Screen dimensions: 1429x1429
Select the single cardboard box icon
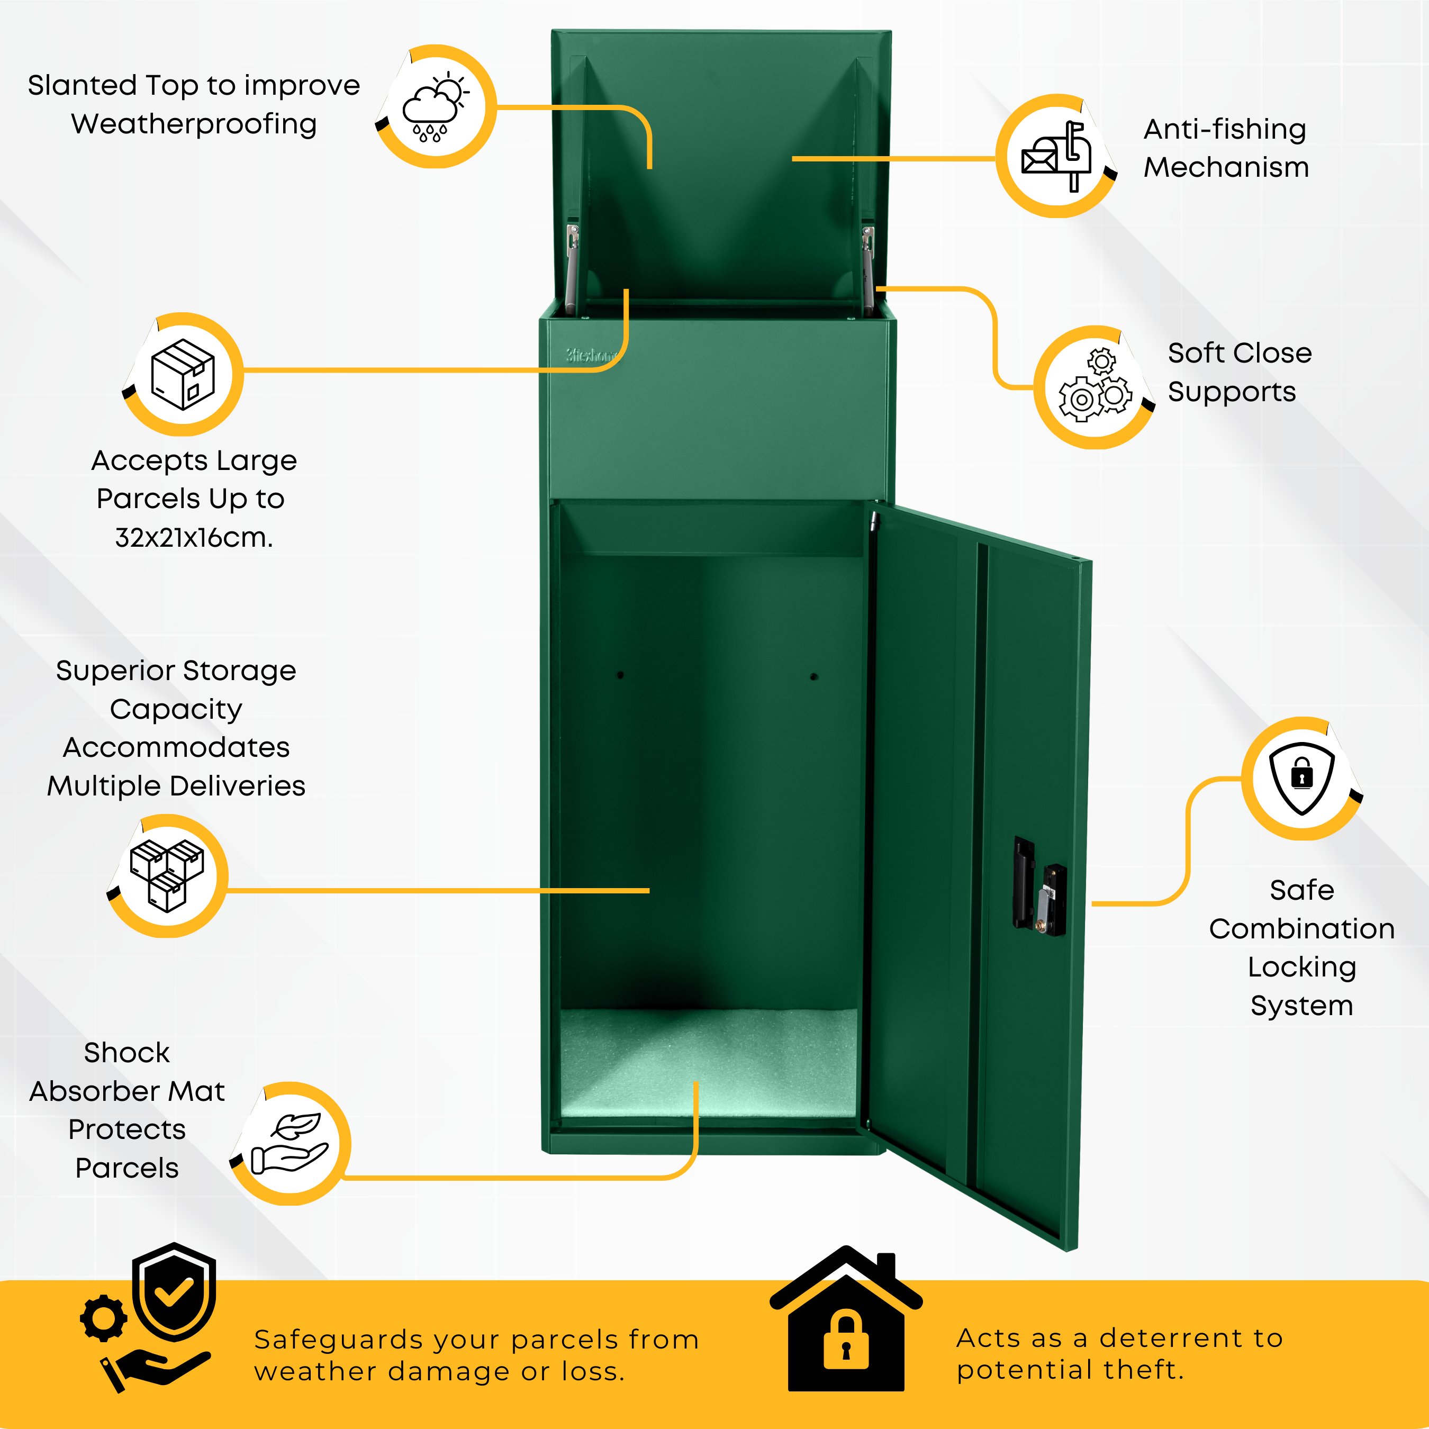click(x=183, y=374)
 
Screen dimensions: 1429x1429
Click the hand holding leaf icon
click(x=290, y=1143)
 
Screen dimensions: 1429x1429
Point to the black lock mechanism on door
click(x=1039, y=886)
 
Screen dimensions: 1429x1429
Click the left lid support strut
click(x=571, y=270)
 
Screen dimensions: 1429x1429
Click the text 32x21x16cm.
click(x=194, y=538)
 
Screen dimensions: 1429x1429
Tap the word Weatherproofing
click(x=194, y=124)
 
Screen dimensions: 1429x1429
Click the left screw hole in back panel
click(x=620, y=675)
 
